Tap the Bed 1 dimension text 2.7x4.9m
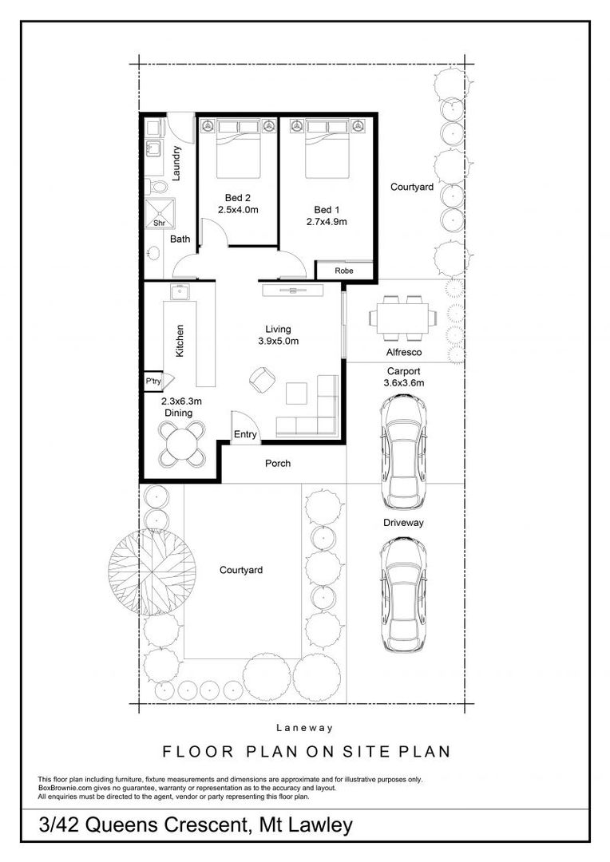(x=327, y=222)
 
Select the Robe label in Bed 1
(x=343, y=271)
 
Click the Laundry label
(x=177, y=162)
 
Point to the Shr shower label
(x=159, y=224)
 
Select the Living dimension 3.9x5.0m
(x=278, y=342)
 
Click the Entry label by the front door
(x=246, y=435)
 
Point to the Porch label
(x=278, y=464)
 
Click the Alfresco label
(x=404, y=351)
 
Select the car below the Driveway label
(x=403, y=592)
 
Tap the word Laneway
(x=304, y=728)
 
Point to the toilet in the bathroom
(x=158, y=187)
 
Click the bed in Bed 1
(x=327, y=149)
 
